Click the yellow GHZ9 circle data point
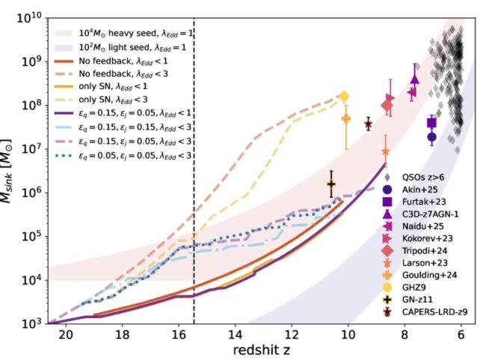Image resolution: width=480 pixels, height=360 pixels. click(344, 96)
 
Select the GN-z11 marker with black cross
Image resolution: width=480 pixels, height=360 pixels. click(331, 184)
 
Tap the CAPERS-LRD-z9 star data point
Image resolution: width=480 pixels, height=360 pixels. click(368, 124)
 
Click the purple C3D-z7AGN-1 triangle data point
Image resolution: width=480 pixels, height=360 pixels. click(415, 79)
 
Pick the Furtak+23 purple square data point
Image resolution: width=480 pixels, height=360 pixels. click(432, 122)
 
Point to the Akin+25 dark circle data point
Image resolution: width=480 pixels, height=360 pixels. click(432, 137)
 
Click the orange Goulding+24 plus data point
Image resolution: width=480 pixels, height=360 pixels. click(346, 119)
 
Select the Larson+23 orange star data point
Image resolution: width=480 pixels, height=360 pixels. click(386, 152)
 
